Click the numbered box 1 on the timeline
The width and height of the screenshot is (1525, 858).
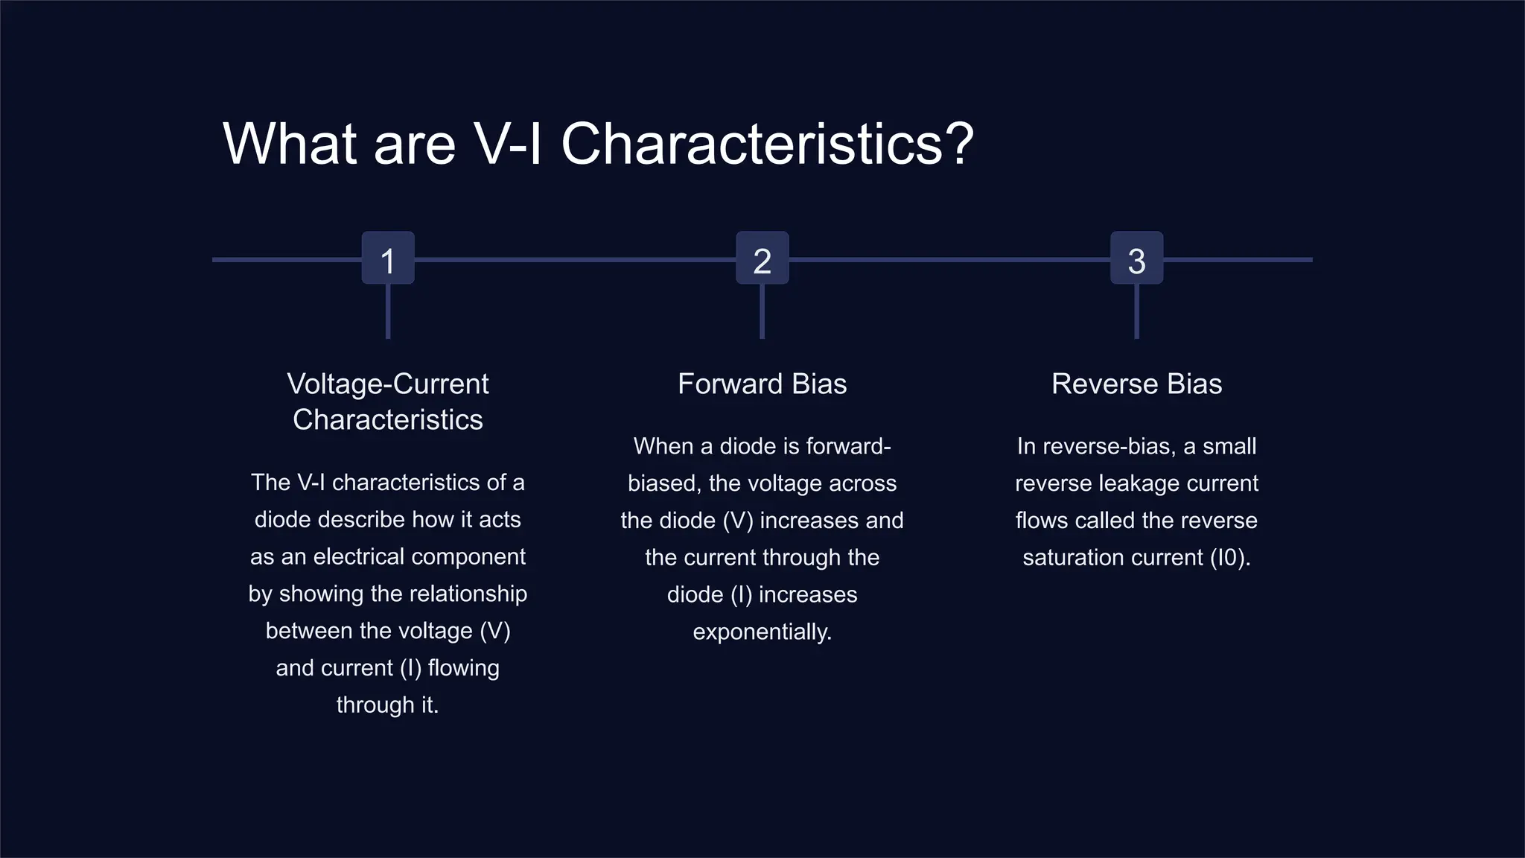(x=388, y=258)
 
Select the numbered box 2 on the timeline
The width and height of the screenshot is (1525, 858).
(x=762, y=258)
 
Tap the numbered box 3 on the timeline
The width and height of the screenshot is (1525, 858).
(x=1136, y=258)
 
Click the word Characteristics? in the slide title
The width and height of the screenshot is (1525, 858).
(x=767, y=144)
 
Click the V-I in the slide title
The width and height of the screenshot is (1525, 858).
(x=508, y=144)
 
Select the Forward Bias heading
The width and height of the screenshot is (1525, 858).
(x=762, y=384)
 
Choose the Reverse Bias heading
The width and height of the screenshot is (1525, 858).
(x=1136, y=384)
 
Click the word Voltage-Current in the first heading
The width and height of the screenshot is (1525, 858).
(x=388, y=384)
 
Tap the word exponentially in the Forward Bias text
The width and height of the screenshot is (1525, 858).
(x=761, y=632)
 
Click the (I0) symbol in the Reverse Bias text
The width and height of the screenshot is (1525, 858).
(x=1228, y=558)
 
